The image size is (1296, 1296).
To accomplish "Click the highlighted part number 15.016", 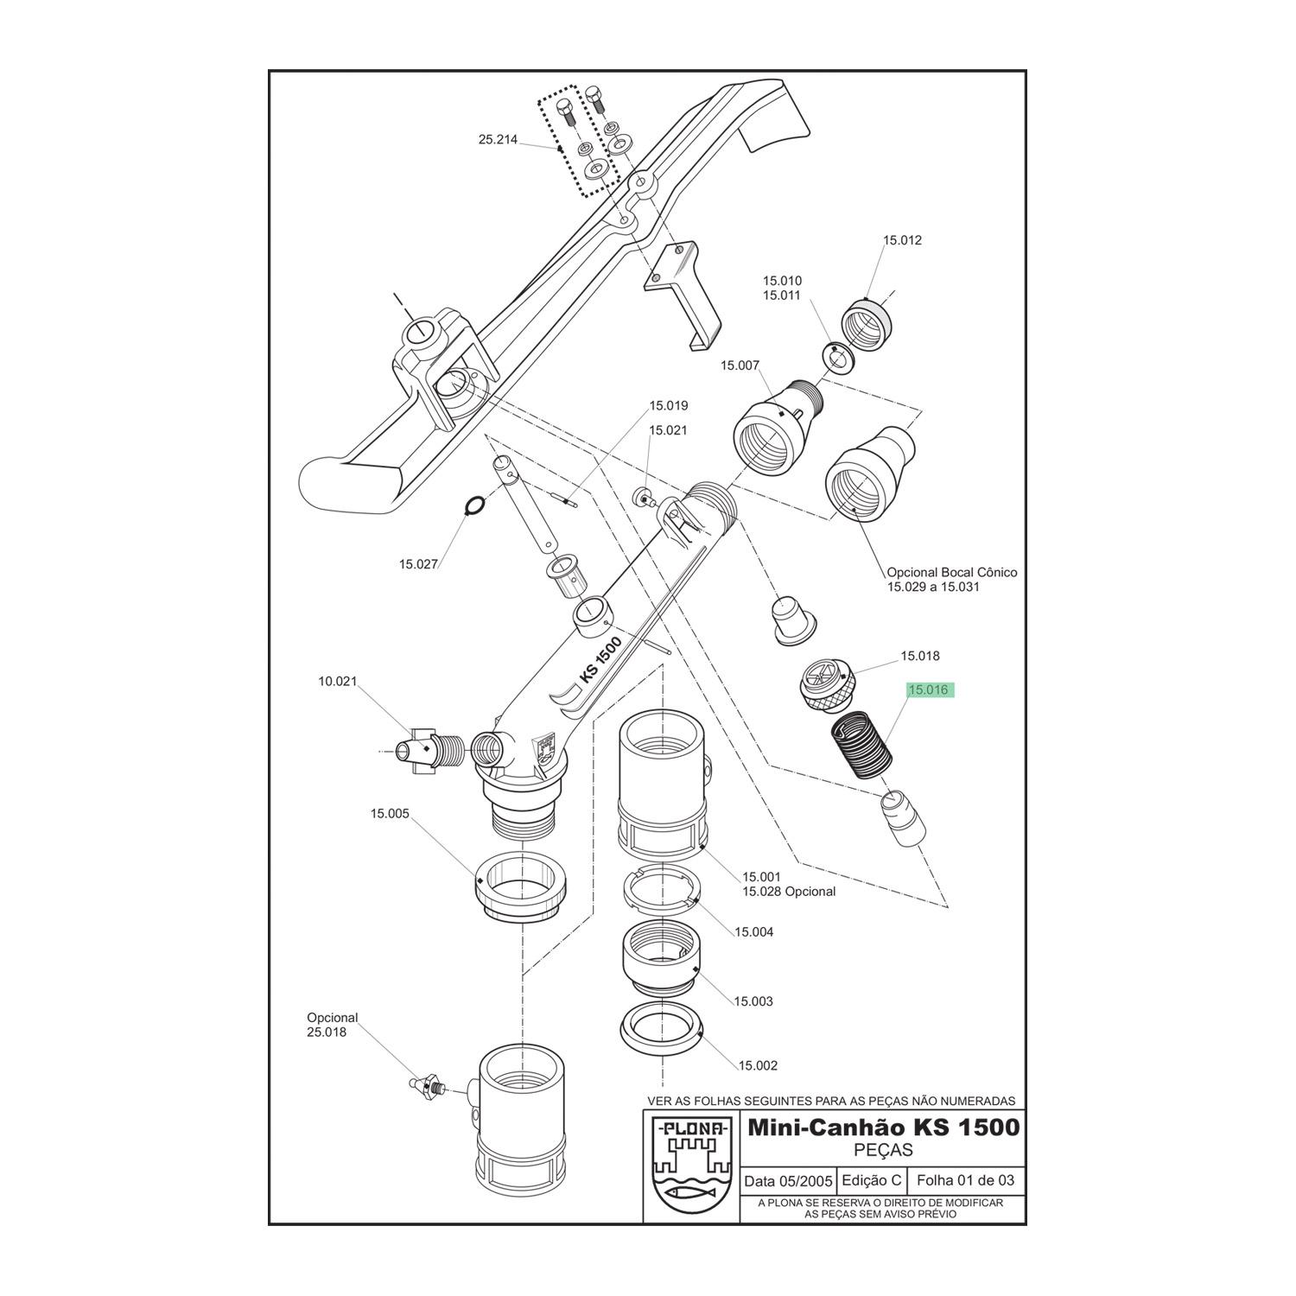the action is [x=929, y=689].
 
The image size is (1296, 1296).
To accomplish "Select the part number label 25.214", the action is [x=498, y=139].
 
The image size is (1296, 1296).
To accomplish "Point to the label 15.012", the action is [x=902, y=240].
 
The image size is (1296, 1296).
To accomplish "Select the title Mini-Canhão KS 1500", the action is [x=883, y=1128].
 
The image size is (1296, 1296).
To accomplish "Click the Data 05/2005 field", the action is [x=789, y=1180].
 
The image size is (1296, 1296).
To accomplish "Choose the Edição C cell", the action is [x=872, y=1180].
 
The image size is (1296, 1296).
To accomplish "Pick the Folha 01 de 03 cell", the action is [x=965, y=1180].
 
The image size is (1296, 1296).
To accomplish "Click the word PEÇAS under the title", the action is [x=883, y=1151].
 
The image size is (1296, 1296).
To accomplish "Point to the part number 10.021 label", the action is [x=338, y=682].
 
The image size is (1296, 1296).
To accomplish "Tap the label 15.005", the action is [x=390, y=813].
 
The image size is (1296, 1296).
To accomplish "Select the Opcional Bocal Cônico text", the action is [x=952, y=572].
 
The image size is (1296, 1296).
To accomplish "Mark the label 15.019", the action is [x=669, y=405].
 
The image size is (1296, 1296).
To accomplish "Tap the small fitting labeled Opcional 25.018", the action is [x=428, y=1084].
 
